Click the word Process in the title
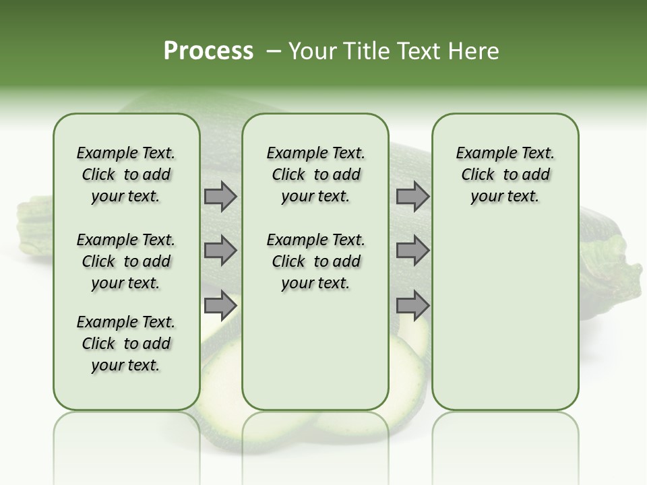[x=208, y=51]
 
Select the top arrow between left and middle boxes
[x=220, y=197]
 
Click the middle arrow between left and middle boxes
[x=220, y=251]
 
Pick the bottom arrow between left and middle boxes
[x=220, y=306]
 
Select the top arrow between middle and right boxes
[x=412, y=197]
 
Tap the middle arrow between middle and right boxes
[x=412, y=251]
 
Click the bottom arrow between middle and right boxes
[x=412, y=306]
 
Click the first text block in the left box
[x=126, y=174]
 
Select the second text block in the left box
[x=126, y=261]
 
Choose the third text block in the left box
[x=126, y=344]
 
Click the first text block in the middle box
[x=315, y=174]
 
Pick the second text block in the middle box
[x=315, y=261]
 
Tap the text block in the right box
[x=505, y=174]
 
